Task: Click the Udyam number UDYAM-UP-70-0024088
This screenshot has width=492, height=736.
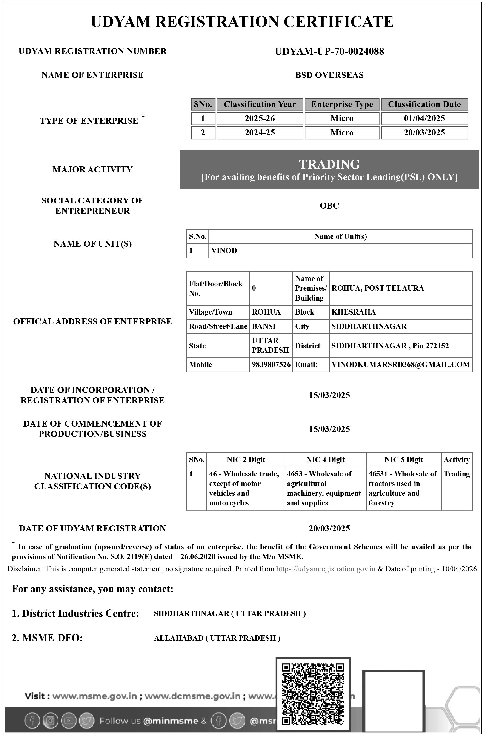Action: coord(329,52)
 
